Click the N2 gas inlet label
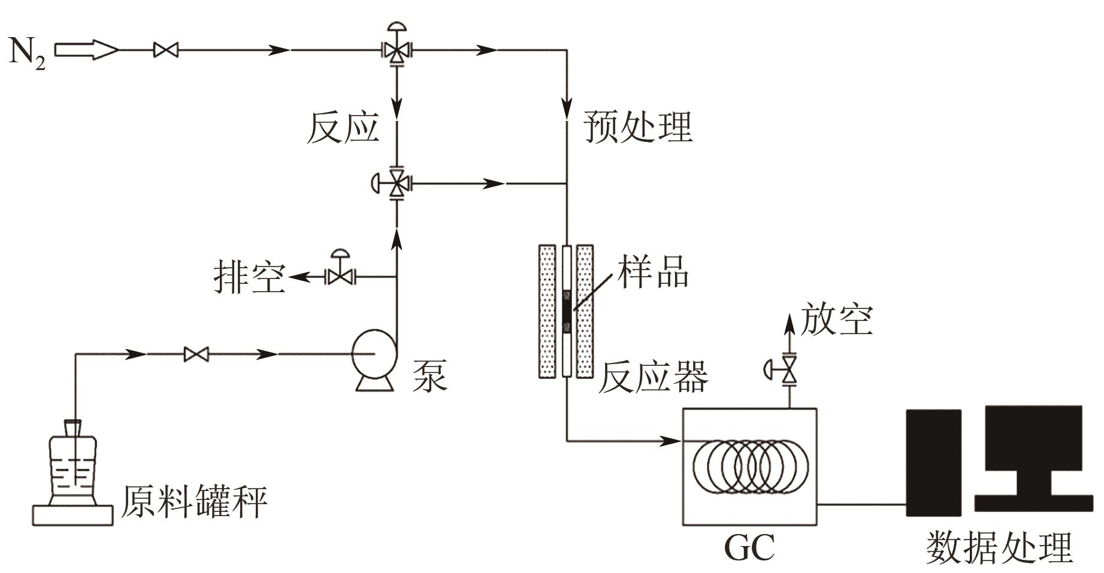tap(27, 53)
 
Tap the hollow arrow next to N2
tap(86, 50)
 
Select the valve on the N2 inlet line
tap(165, 50)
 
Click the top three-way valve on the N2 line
tap(396, 51)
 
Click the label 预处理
tap(639, 127)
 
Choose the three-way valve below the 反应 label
tap(396, 183)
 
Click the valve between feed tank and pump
tap(196, 354)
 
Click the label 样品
tap(654, 272)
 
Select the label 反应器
tap(654, 377)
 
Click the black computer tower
tap(933, 462)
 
